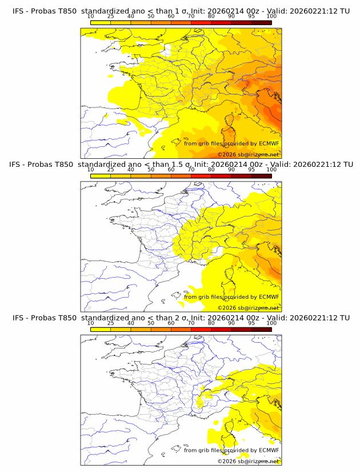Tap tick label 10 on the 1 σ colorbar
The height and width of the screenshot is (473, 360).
(91, 16)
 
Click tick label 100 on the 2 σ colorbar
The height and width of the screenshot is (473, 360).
(271, 323)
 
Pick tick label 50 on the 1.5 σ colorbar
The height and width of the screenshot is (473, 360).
(151, 170)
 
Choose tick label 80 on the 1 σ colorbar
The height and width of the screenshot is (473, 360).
(211, 16)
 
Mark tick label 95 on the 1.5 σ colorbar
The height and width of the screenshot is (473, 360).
(251, 170)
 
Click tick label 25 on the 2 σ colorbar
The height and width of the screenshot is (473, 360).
(111, 323)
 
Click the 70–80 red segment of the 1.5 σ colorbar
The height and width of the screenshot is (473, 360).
(201, 176)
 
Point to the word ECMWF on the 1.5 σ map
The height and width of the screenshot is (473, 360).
(269, 297)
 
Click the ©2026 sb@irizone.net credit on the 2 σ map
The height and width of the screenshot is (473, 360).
(248, 461)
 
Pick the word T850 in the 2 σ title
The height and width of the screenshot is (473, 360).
(65, 318)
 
